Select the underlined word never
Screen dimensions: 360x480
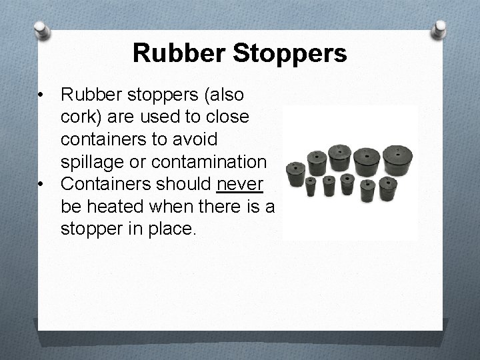coord(240,183)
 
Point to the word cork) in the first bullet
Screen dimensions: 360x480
coord(81,117)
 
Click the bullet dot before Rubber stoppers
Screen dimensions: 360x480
coord(43,95)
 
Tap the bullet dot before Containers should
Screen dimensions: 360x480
coord(43,183)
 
